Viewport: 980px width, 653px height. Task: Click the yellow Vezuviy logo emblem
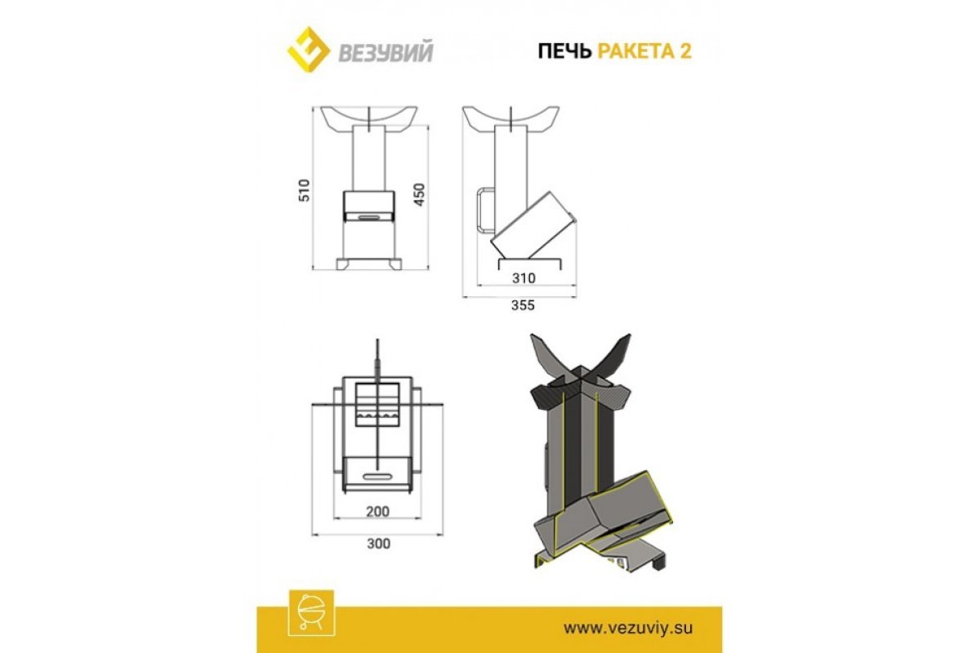tap(308, 50)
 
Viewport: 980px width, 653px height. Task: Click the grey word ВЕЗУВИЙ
tap(385, 51)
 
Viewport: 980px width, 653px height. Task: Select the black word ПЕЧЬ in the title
tap(564, 51)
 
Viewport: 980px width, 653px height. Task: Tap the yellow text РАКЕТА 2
tap(644, 51)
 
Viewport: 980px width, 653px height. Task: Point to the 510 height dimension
tap(304, 190)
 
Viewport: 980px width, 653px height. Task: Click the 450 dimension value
tap(419, 194)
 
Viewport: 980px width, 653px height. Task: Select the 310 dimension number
tap(523, 278)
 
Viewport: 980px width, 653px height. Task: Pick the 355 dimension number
tap(523, 304)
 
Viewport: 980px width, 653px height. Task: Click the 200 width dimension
tap(377, 511)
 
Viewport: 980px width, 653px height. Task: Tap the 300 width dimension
tap(378, 544)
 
